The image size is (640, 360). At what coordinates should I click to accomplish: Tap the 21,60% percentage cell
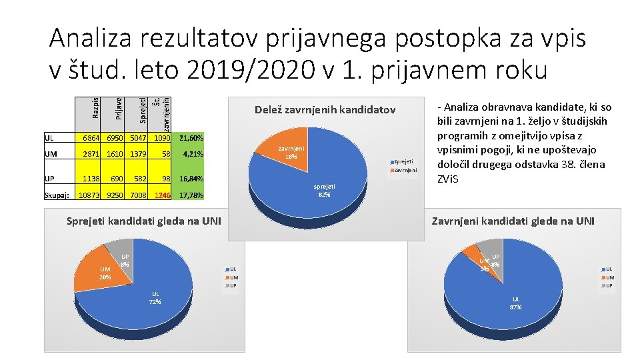pos(191,138)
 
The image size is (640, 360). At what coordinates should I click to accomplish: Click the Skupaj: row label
pos(56,196)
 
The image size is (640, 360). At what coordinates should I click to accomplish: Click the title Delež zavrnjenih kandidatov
pos(325,109)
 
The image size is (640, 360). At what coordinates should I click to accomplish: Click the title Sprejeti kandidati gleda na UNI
pos(144,221)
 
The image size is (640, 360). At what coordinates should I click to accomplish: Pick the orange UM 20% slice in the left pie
pos(97,273)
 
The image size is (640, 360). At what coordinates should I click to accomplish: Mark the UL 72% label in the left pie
pos(155,297)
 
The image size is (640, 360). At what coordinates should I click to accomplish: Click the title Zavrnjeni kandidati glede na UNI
pos(513,221)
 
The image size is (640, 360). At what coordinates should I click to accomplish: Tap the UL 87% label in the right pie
pos(515,303)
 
